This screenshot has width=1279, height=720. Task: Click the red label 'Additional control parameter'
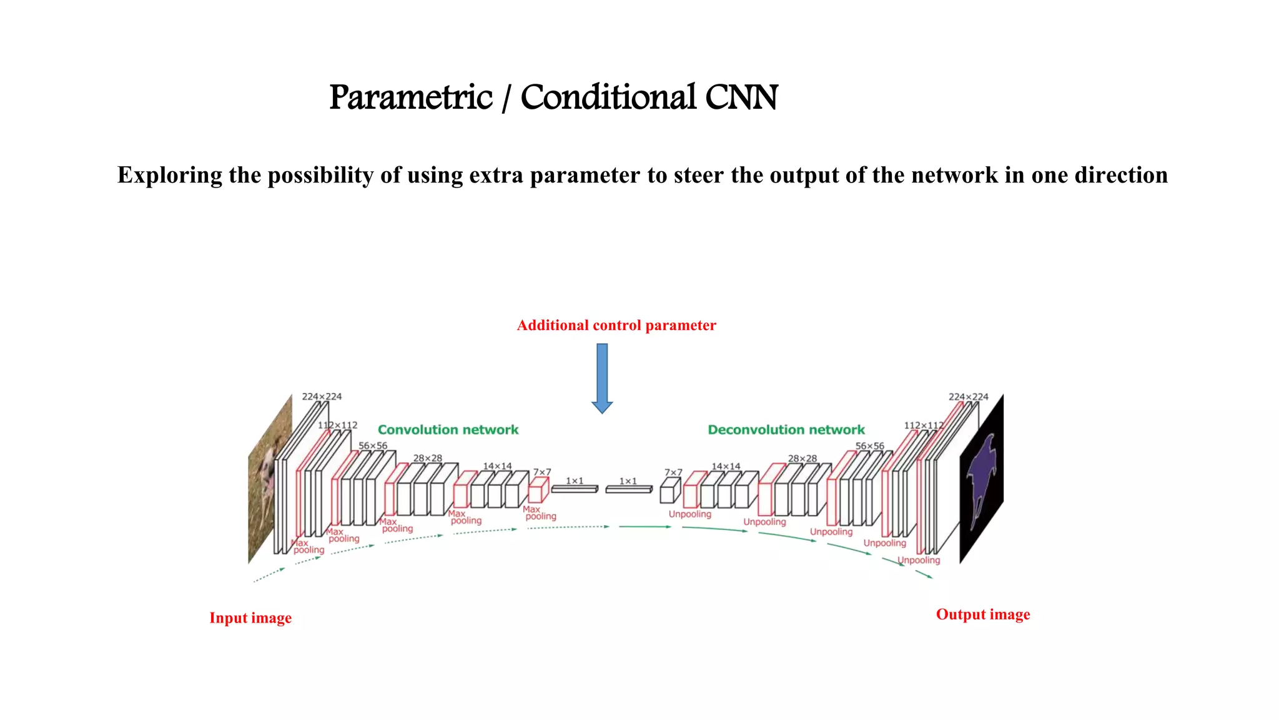pyautogui.click(x=616, y=326)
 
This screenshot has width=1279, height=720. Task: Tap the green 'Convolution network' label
pyautogui.click(x=448, y=430)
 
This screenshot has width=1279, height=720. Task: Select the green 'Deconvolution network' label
pyautogui.click(x=786, y=430)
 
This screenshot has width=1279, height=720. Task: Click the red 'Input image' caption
pyautogui.click(x=250, y=618)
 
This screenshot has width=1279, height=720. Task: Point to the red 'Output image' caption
pyautogui.click(x=982, y=614)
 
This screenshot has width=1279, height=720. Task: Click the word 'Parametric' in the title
pyautogui.click(x=411, y=97)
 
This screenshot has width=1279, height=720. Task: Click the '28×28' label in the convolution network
pyautogui.click(x=427, y=458)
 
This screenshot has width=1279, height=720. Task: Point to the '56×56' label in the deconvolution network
pyautogui.click(x=869, y=446)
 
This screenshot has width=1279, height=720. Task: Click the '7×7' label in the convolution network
pyautogui.click(x=541, y=472)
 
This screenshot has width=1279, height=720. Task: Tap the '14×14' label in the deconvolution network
pyautogui.click(x=726, y=466)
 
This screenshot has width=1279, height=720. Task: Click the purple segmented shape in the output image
pyautogui.click(x=982, y=475)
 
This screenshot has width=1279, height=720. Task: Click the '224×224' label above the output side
pyautogui.click(x=968, y=397)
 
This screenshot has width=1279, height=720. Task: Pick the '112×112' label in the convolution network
pyautogui.click(x=338, y=425)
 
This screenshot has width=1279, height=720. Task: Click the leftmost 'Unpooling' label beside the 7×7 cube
pyautogui.click(x=689, y=514)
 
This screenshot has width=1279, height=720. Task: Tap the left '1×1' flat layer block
pyautogui.click(x=575, y=489)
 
